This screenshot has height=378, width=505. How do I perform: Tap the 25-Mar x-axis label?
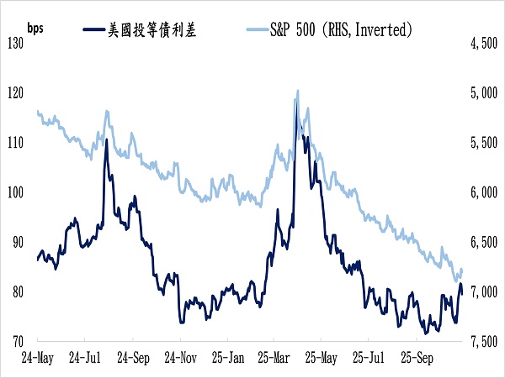[x=274, y=356]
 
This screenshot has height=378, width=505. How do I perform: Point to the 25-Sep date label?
[x=417, y=356]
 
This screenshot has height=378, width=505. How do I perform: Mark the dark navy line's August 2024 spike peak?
[x=106, y=140]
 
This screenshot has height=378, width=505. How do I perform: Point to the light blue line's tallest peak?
[x=297, y=91]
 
